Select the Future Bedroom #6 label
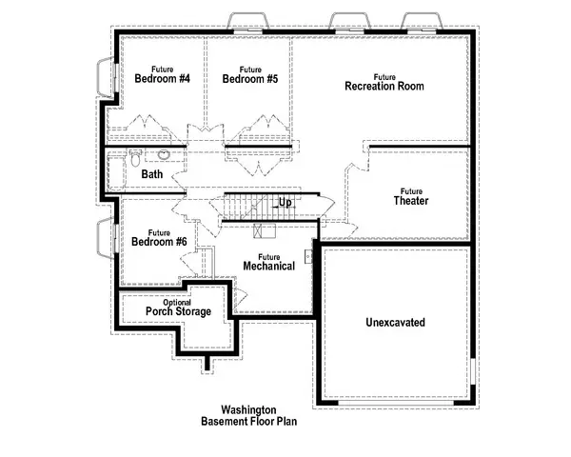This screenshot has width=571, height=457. [x=159, y=237]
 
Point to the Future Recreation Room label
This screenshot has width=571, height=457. [x=384, y=82]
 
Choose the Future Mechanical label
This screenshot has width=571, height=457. [x=268, y=261]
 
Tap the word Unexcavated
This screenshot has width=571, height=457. [x=395, y=323]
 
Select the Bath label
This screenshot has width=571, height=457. [x=152, y=175]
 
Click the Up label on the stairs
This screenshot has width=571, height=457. [x=285, y=203]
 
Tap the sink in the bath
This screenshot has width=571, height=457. [x=164, y=154]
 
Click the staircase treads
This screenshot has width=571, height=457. [x=249, y=205]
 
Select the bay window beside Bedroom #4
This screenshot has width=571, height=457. [x=106, y=75]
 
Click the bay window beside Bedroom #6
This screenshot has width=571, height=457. [x=106, y=237]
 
